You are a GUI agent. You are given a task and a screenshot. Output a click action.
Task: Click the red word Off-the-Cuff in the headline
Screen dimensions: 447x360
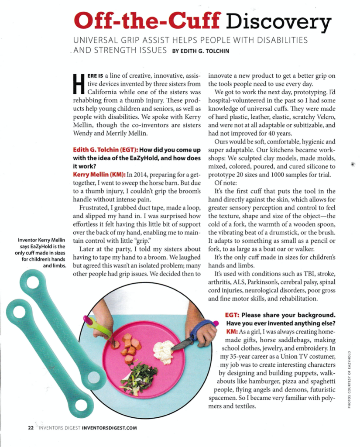tap(147, 21)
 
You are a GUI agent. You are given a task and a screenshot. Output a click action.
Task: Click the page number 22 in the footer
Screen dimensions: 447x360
tap(31, 428)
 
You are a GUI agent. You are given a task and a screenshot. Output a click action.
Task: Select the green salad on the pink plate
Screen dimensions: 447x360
tap(139, 378)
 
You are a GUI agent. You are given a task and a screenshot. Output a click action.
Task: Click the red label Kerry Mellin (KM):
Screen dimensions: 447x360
tap(99, 175)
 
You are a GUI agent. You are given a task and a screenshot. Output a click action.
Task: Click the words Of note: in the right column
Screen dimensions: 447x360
tap(225, 183)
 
